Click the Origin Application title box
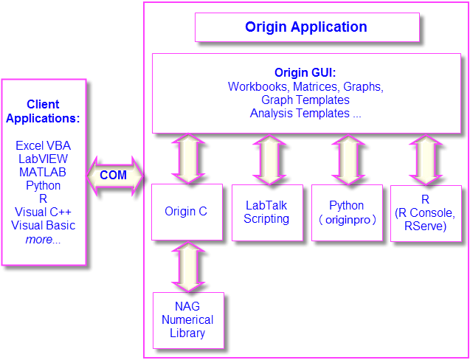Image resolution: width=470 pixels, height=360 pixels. (306, 27)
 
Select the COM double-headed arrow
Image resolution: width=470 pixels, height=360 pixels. (114, 176)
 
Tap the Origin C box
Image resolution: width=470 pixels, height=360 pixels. (186, 212)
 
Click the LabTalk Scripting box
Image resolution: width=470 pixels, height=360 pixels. (266, 212)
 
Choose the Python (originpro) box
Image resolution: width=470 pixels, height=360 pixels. (347, 212)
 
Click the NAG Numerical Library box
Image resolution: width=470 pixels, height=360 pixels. (187, 320)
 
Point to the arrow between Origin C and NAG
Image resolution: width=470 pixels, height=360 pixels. (187, 266)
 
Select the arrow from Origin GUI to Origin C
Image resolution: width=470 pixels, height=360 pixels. (190, 159)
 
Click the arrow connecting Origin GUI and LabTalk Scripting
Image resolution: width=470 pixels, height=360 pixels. (269, 159)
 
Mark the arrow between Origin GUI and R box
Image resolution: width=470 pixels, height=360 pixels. (425, 159)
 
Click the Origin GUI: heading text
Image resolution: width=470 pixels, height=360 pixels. (305, 72)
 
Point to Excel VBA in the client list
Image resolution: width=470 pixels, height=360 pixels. (43, 146)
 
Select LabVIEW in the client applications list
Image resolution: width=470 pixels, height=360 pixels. (43, 159)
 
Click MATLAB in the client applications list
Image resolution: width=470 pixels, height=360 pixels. (43, 173)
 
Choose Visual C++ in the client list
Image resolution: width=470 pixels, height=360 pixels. (43, 212)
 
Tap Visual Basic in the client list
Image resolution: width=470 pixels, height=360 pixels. (43, 226)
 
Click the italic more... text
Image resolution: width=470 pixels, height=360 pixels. (43, 239)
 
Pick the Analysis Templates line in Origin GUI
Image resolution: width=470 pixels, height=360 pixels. (305, 114)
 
